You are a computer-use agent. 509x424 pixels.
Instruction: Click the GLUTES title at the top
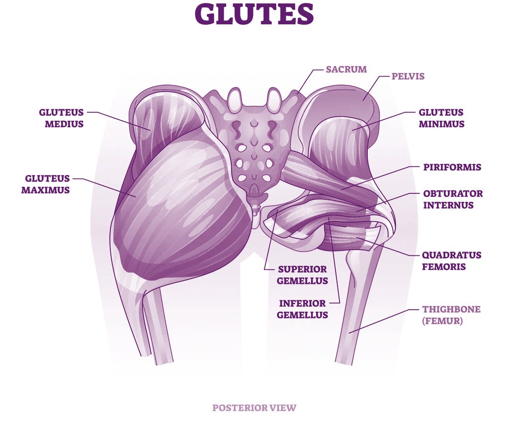tap(254, 14)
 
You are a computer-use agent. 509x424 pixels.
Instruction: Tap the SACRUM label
tap(346, 69)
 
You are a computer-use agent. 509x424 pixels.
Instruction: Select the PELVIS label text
tap(408, 77)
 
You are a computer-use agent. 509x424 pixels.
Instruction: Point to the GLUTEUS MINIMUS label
tap(441, 118)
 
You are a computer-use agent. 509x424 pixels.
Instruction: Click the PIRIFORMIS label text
tap(452, 167)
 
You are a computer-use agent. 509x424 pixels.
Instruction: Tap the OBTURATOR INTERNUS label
tap(453, 199)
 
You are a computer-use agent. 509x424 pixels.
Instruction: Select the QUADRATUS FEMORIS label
tap(451, 260)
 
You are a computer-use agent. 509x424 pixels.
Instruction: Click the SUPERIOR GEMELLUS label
tap(302, 275)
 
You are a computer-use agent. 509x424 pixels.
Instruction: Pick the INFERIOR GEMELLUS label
tap(302, 309)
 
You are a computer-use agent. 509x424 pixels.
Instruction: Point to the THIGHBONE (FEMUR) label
tap(451, 315)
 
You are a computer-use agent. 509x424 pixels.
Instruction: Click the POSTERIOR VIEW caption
tap(254, 408)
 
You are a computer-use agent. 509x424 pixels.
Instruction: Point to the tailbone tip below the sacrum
tap(255, 209)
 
